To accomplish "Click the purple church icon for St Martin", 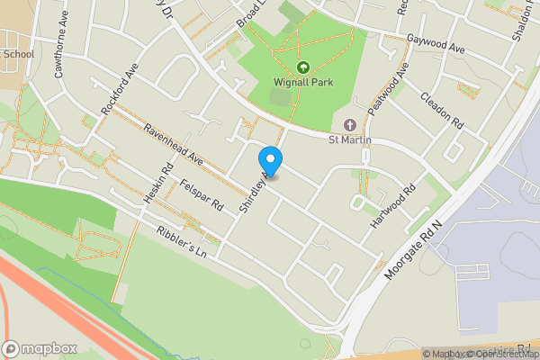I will pos(350,124).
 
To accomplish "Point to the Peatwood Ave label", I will pos(394,85).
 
